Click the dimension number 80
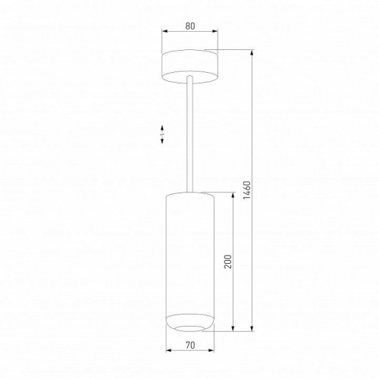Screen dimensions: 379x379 189,26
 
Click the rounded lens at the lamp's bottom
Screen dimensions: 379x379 189,323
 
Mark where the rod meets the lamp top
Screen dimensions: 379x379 189,189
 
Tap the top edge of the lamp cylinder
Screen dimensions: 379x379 189,192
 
